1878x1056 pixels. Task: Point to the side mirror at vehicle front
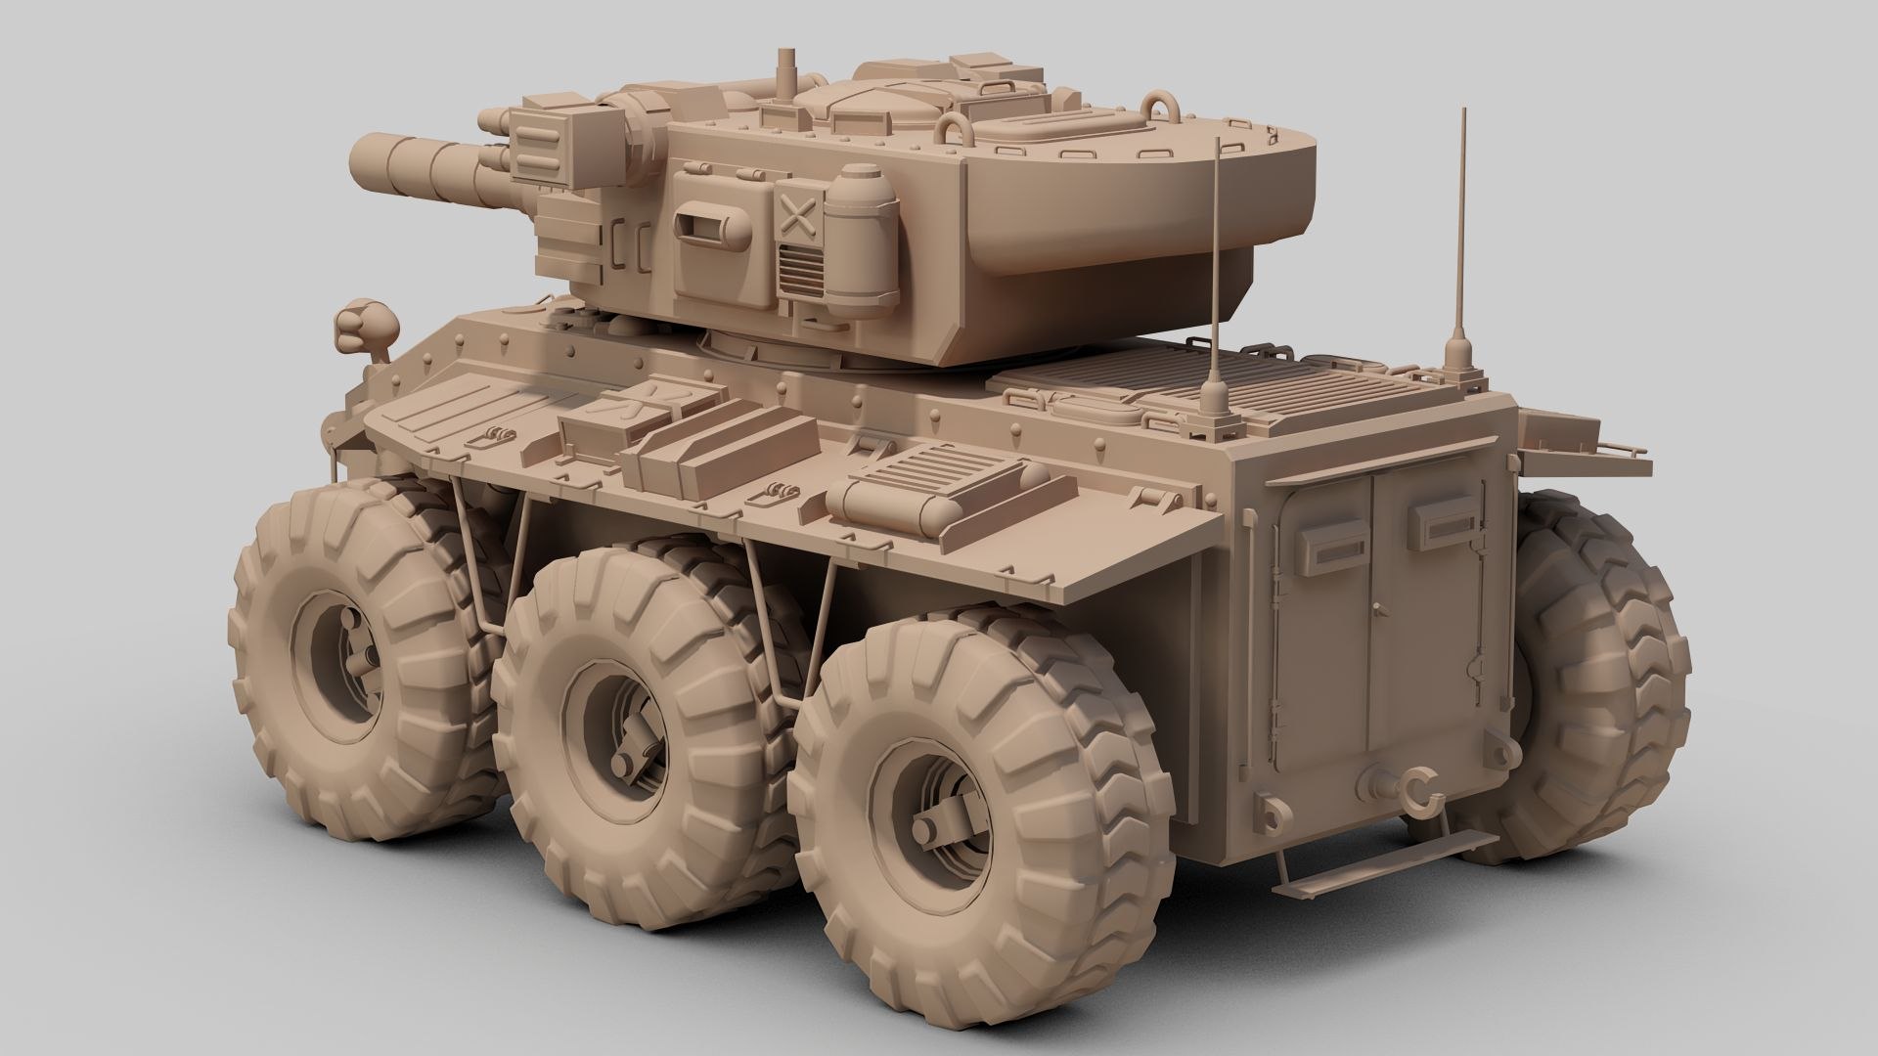click(x=364, y=327)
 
